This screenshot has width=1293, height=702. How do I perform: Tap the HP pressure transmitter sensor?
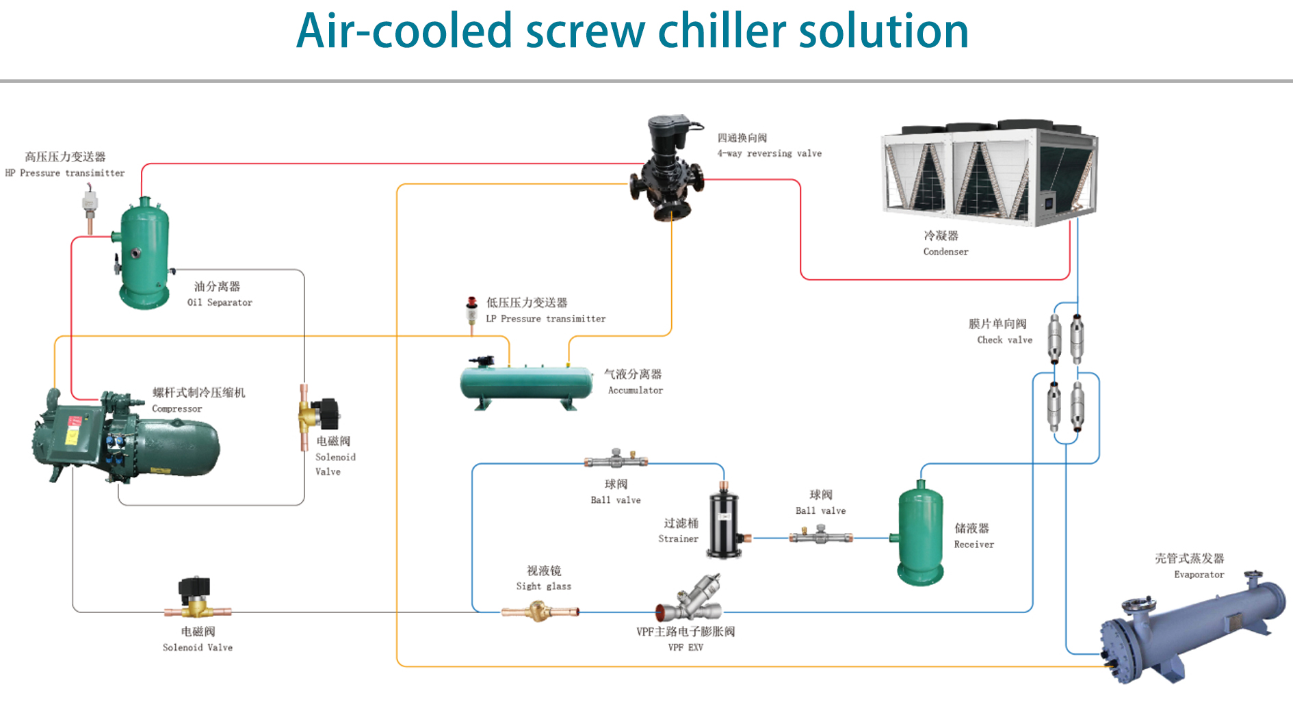[90, 206]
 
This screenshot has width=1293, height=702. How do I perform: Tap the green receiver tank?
[920, 534]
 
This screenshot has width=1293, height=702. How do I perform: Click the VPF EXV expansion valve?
[691, 599]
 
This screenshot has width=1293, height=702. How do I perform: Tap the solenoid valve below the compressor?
[196, 598]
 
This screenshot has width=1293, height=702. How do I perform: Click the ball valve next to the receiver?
[821, 536]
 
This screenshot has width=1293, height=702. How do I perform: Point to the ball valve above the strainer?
[616, 459]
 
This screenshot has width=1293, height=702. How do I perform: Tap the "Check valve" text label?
[1004, 340]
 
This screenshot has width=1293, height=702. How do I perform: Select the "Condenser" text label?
[945, 252]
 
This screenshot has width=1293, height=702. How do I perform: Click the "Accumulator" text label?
[636, 391]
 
